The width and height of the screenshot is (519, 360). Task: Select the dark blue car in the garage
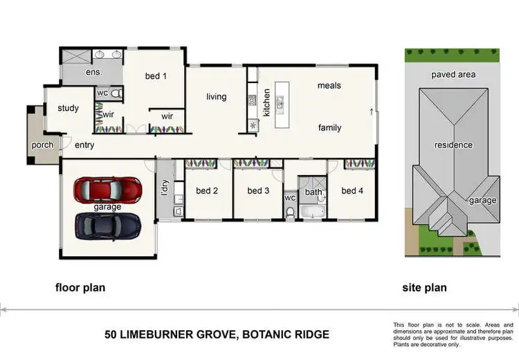[x=108, y=224]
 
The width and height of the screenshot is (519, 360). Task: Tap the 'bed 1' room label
[x=155, y=76]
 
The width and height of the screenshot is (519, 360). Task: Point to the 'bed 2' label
[x=207, y=191]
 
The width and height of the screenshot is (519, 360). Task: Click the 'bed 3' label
[x=258, y=191]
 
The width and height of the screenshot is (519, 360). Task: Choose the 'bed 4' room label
[x=352, y=191]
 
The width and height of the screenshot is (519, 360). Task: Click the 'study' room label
[x=68, y=109]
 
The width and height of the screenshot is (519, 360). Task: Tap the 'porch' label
[x=43, y=145]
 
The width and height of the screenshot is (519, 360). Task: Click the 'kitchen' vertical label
[x=266, y=101]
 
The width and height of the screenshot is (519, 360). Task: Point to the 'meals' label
[x=329, y=86]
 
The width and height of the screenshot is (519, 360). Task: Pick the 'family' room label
[x=329, y=128]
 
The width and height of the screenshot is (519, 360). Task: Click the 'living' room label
[x=216, y=97]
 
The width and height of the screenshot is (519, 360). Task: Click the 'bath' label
[x=313, y=192]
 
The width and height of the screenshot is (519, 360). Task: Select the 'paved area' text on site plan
[x=452, y=74]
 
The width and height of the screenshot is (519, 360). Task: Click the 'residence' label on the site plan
[x=453, y=145]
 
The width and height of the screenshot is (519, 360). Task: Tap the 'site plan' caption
[x=426, y=287]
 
